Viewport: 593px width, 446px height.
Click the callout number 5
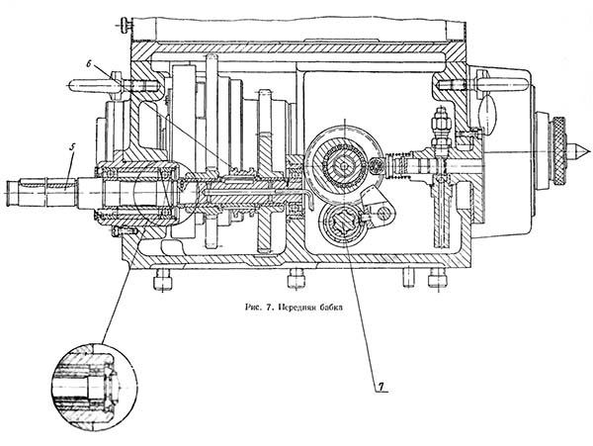click(x=72, y=147)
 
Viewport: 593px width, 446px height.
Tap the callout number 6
click(x=89, y=64)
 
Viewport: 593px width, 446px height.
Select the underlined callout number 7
click(x=381, y=387)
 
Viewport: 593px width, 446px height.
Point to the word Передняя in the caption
click(x=296, y=308)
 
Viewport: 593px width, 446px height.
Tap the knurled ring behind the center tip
click(x=559, y=151)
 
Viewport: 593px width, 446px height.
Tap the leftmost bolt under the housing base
click(x=163, y=280)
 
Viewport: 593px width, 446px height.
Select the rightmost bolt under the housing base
click(x=438, y=280)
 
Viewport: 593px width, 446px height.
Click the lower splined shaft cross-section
click(x=343, y=224)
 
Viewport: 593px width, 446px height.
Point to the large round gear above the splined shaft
click(x=344, y=165)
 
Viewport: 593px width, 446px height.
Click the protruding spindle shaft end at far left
click(x=42, y=193)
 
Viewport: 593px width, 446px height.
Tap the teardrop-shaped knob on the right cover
click(x=488, y=111)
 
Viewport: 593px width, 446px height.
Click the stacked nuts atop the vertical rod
click(x=439, y=125)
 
